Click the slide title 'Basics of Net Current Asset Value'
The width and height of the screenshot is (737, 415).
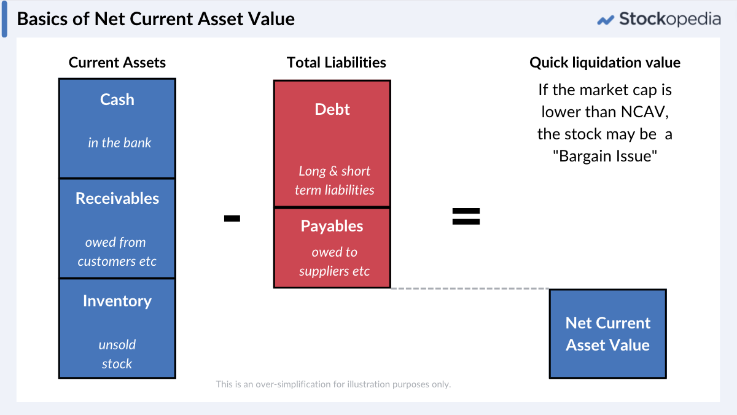tap(156, 18)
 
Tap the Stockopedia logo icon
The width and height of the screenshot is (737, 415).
tap(606, 20)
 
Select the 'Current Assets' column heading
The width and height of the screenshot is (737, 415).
tap(117, 63)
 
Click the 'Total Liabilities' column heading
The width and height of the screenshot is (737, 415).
tap(337, 63)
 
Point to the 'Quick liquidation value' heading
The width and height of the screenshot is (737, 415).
tap(605, 63)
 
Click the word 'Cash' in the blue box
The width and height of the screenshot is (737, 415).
tap(117, 99)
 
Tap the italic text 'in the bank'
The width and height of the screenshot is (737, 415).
tap(119, 143)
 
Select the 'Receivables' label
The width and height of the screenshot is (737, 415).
tap(117, 198)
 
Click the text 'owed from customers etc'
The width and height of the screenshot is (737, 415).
tap(117, 252)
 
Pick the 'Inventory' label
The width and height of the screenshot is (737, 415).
tap(117, 301)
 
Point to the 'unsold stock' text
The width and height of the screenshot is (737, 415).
tap(117, 354)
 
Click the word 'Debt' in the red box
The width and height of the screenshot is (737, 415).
tap(332, 109)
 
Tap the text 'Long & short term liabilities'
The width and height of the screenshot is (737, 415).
tap(334, 180)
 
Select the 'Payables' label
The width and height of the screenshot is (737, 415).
tap(332, 226)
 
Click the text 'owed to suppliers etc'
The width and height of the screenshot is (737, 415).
tap(334, 262)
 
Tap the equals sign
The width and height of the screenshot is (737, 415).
tap(466, 216)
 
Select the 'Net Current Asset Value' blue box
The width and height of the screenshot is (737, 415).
tap(607, 334)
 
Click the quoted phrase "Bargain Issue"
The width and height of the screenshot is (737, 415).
tap(605, 156)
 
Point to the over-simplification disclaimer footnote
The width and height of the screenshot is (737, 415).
tap(333, 384)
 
